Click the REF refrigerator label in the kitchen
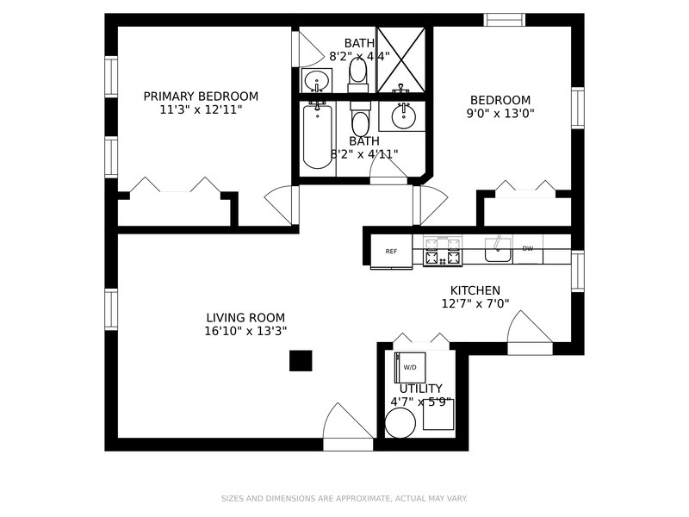(391, 252)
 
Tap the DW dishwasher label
(528, 249)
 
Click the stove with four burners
(443, 251)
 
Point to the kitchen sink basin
(498, 251)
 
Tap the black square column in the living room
(300, 360)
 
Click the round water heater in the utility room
(400, 423)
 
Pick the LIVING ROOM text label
(245, 317)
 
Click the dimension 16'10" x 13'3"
(245, 331)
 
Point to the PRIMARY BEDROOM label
(201, 97)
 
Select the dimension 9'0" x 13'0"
(500, 113)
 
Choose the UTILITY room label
(420, 389)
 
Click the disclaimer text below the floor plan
(344, 498)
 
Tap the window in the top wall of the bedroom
(504, 20)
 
